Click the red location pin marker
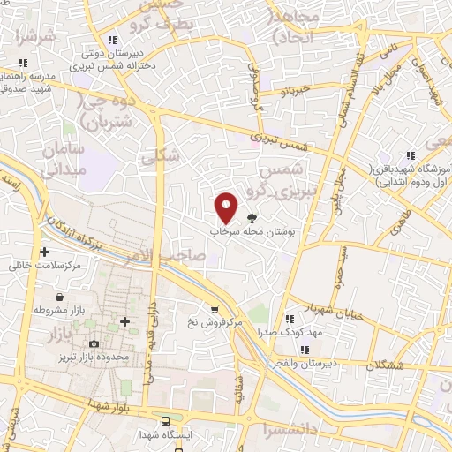click(x=227, y=207)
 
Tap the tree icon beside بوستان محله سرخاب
click(x=252, y=217)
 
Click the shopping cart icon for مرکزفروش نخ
click(x=215, y=309)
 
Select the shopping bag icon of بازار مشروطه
click(x=58, y=298)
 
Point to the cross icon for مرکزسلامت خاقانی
click(x=44, y=252)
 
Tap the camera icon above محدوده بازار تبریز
click(x=94, y=343)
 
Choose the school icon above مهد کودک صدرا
click(x=289, y=318)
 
